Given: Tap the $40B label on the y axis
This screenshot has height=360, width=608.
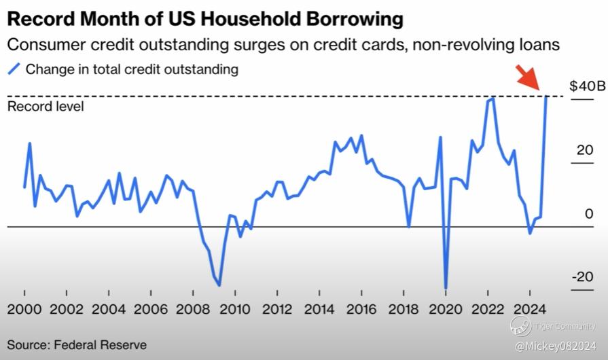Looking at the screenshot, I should coord(587,87).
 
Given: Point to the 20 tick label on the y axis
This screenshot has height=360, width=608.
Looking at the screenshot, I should coord(584,150).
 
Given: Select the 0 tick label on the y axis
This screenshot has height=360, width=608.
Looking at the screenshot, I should coord(588,214).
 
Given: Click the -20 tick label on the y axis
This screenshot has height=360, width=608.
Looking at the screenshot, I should coord(582,277).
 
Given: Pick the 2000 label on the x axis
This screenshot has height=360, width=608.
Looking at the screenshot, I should coord(24,310).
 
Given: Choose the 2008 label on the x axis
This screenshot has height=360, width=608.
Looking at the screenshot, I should coord(193,310).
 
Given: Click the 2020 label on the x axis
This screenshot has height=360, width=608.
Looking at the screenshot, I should coord(446,310).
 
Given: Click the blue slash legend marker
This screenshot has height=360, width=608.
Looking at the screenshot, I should coord(13,69).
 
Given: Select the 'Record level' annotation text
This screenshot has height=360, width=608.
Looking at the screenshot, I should coord(46,107).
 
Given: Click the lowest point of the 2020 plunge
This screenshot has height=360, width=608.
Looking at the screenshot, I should coord(446,288).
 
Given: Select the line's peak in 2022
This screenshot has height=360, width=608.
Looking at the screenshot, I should coord(492,98).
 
